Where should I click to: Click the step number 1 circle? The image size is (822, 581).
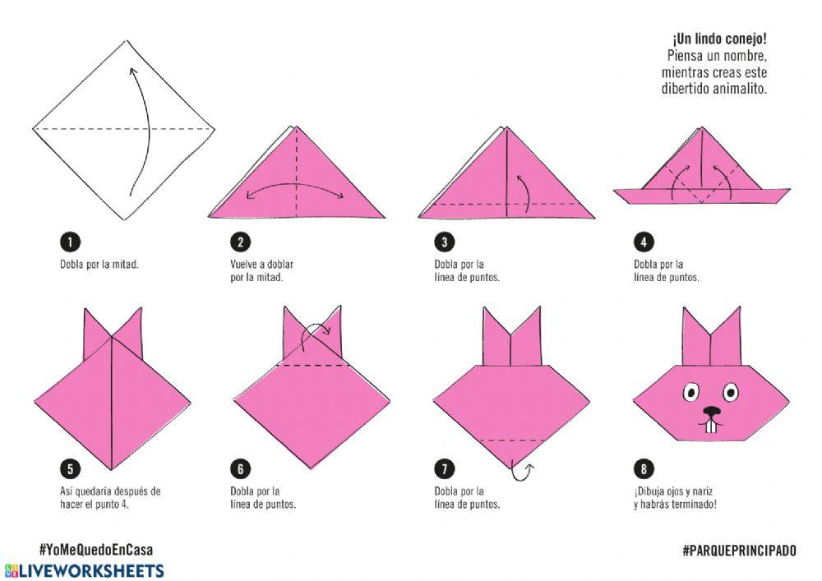click(70, 242)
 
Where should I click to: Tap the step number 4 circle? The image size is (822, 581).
click(644, 242)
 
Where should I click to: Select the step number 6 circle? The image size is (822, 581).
click(241, 468)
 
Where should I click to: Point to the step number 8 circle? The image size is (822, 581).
click(644, 468)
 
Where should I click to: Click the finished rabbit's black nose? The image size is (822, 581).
click(711, 411)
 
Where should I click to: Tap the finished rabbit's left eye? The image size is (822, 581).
click(691, 392)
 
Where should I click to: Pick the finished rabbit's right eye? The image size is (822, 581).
click(730, 392)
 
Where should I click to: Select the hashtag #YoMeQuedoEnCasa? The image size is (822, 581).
click(96, 550)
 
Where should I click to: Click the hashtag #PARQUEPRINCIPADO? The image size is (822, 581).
click(739, 550)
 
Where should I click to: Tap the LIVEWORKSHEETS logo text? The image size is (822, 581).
click(91, 570)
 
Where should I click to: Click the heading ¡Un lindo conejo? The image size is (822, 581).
click(720, 39)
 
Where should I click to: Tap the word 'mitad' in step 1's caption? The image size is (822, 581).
click(126, 264)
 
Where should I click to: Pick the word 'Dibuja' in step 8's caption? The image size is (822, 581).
click(650, 491)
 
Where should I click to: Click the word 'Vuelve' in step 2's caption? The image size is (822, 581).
click(244, 264)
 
